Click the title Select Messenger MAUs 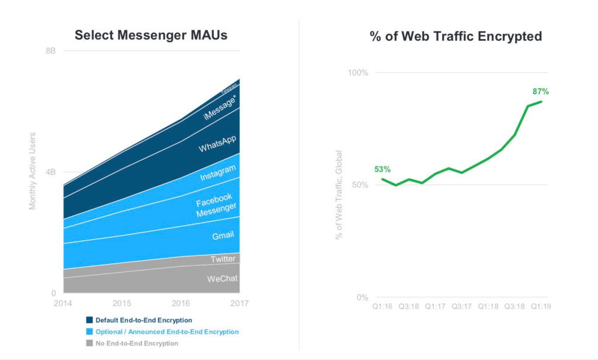point(151,35)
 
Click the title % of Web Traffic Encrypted point(456,36)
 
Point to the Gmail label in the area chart point(222,235)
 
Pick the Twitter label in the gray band point(223,258)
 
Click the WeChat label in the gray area point(222,279)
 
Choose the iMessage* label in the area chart point(220,108)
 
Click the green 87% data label point(541,91)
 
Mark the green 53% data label point(383,169)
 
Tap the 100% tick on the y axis point(358,73)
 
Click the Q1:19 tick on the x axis point(541,306)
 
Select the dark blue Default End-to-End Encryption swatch point(89,320)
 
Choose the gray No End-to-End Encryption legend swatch point(89,343)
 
